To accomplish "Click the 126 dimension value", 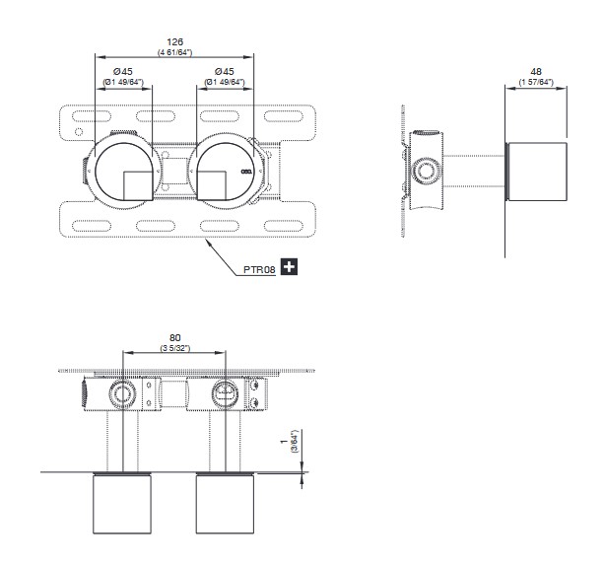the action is pyautogui.click(x=174, y=42).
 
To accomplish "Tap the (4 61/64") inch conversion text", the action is pyautogui.click(x=174, y=52).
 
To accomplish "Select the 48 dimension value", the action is pyautogui.click(x=536, y=72).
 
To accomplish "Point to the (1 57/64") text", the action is pyautogui.click(x=536, y=82).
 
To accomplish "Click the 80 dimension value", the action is pyautogui.click(x=174, y=337).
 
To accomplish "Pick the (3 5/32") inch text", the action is pyautogui.click(x=175, y=348).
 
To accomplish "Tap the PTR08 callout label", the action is pyautogui.click(x=259, y=269).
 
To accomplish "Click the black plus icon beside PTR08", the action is pyautogui.click(x=289, y=266).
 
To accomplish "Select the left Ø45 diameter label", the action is pyautogui.click(x=123, y=72).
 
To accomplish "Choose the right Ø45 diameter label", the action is pyautogui.click(x=225, y=72).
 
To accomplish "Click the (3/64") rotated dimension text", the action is pyautogui.click(x=295, y=441).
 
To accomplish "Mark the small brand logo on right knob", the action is pyautogui.click(x=245, y=172).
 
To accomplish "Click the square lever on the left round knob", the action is pyautogui.click(x=138, y=186).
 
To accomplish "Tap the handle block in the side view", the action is pyautogui.click(x=537, y=172).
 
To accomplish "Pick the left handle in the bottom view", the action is pyautogui.click(x=122, y=504).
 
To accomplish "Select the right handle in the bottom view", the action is pyautogui.click(x=225, y=504).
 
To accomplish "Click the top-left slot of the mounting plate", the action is pyautogui.click(x=92, y=116).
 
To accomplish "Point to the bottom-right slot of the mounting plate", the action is pyautogui.click(x=284, y=226).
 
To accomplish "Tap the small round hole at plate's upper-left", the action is pyautogui.click(x=79, y=132).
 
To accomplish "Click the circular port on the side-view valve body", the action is pyautogui.click(x=426, y=171).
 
